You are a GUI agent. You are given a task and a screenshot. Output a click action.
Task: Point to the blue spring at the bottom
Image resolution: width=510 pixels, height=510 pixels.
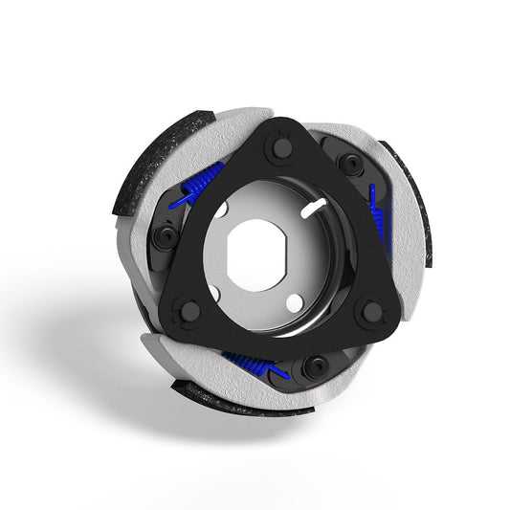pyautogui.click(x=251, y=362)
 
